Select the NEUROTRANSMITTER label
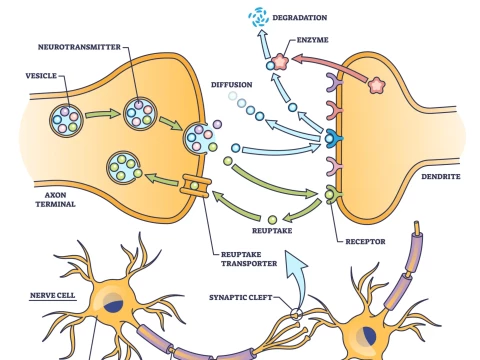[78, 47]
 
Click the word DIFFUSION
[231, 85]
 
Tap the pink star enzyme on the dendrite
[376, 84]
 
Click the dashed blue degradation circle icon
[260, 17]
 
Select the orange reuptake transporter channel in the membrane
[196, 184]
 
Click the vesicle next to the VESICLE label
[68, 122]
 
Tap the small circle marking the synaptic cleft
[296, 316]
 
